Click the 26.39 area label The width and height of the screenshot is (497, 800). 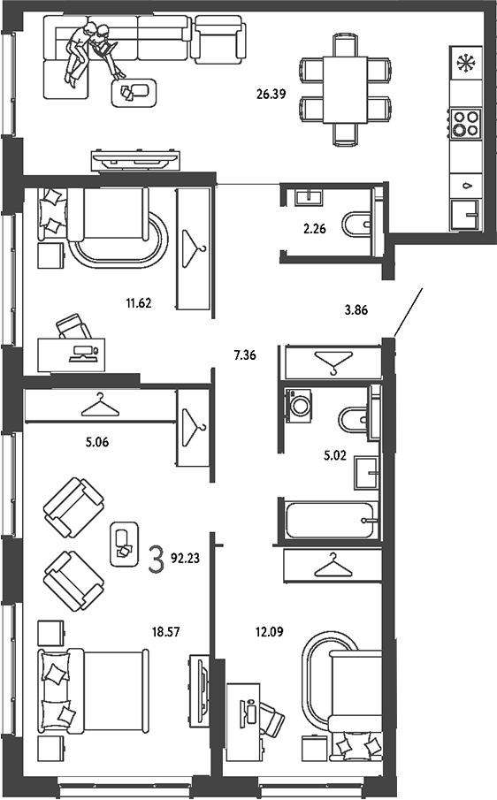click(271, 94)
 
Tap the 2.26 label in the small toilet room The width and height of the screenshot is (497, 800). click(314, 229)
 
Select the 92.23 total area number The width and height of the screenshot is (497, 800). click(185, 558)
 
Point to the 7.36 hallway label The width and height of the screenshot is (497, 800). click(245, 355)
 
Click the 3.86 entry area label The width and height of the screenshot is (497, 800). click(356, 309)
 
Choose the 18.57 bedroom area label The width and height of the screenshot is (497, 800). click(166, 632)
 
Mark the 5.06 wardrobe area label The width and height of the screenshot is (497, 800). click(97, 442)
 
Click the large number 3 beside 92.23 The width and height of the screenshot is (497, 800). click(157, 559)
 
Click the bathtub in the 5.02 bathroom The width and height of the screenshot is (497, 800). click(330, 520)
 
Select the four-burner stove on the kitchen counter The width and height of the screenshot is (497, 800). click(465, 123)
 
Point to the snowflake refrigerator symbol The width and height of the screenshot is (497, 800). click(465, 64)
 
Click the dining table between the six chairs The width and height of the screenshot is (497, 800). click(345, 90)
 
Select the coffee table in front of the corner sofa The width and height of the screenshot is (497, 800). click(134, 93)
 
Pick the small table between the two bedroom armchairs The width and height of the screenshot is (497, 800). click(125, 544)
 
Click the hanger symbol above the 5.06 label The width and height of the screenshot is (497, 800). click(100, 405)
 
